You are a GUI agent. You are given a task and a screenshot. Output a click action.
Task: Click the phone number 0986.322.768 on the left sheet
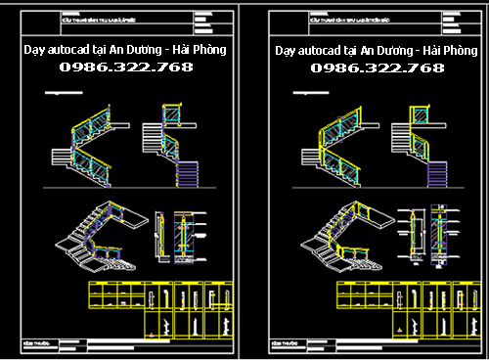(126, 67)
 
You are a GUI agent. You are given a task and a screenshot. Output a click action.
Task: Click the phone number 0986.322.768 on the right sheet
(378, 67)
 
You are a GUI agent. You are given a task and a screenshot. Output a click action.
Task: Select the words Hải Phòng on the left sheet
(200, 49)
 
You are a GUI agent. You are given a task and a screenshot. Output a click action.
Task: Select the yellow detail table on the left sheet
(161, 309)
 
